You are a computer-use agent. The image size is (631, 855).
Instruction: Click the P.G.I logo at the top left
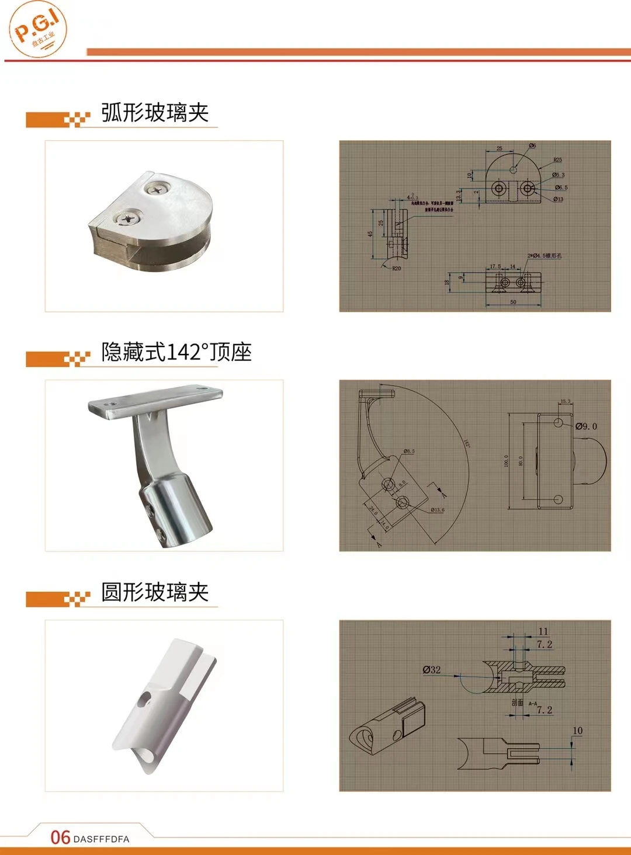tap(38, 29)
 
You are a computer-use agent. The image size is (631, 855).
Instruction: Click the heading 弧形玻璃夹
tap(155, 113)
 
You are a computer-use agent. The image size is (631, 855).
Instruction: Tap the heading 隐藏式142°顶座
tap(176, 352)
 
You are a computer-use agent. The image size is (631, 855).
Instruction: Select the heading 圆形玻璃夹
tap(155, 592)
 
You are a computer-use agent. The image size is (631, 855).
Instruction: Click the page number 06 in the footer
tap(60, 837)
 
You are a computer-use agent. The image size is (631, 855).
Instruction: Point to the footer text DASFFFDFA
tap(102, 839)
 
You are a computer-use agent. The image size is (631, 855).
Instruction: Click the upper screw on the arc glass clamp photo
tap(157, 188)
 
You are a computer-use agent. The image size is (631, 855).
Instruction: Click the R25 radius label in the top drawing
tap(557, 160)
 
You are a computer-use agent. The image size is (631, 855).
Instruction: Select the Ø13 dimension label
tap(558, 199)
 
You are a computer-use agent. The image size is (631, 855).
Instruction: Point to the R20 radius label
tap(396, 269)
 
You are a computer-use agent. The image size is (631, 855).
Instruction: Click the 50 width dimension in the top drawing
tap(513, 302)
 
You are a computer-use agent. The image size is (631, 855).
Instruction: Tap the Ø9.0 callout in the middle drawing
tap(586, 426)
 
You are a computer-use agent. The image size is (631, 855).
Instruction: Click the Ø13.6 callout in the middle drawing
tap(437, 510)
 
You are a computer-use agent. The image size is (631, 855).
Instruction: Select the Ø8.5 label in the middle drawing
tap(408, 451)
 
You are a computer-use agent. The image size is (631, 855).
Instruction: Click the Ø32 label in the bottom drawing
tap(432, 670)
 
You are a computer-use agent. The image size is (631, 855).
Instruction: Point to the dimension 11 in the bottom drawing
tap(543, 631)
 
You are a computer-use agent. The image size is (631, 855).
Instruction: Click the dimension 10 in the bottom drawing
tap(577, 731)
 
